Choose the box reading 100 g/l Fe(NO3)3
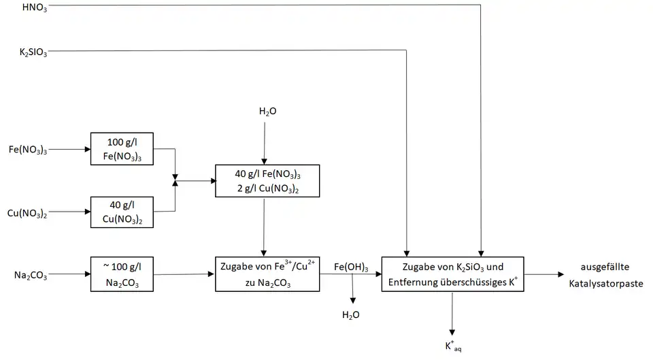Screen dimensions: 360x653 tap(122, 148)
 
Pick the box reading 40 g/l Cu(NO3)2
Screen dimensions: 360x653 tap(122, 212)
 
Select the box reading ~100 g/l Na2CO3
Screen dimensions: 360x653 tap(122, 274)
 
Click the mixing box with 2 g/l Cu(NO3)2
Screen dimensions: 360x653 tap(267, 180)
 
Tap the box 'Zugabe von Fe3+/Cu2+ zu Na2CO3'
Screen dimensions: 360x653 tap(267, 274)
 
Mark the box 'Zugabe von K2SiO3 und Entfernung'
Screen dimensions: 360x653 tap(452, 274)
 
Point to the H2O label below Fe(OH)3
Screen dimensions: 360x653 tap(352, 314)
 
